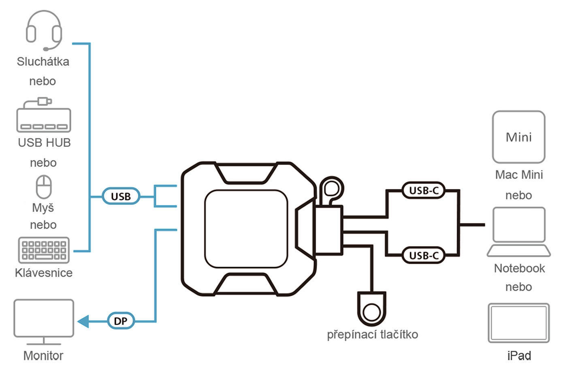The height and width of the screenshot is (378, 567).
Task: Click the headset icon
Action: (x=44, y=30)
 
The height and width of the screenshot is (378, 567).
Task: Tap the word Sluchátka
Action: (x=43, y=62)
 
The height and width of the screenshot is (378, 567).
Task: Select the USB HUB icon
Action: (x=44, y=115)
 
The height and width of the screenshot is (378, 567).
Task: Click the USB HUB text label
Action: (x=44, y=143)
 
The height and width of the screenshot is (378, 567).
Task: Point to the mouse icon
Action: (x=44, y=187)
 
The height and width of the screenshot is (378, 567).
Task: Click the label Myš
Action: (x=43, y=207)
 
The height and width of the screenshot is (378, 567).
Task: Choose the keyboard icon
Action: (x=44, y=250)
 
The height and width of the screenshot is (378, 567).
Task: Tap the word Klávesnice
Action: (x=44, y=273)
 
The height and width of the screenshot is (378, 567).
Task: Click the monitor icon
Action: (x=44, y=322)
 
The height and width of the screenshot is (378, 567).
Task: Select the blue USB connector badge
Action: (x=121, y=196)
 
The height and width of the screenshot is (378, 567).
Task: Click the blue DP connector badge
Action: (x=121, y=321)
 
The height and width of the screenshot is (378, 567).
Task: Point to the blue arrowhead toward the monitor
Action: (x=83, y=321)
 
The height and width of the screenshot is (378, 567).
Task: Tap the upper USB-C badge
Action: (x=424, y=190)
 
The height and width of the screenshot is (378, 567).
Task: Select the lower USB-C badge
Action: (x=424, y=255)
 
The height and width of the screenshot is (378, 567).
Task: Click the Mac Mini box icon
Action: (x=519, y=137)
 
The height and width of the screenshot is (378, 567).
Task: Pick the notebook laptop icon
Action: (x=519, y=232)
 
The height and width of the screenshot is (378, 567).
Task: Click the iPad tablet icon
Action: (x=519, y=323)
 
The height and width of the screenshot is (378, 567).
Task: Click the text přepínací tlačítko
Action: (x=372, y=335)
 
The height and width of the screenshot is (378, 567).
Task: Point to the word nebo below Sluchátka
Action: (x=43, y=81)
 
